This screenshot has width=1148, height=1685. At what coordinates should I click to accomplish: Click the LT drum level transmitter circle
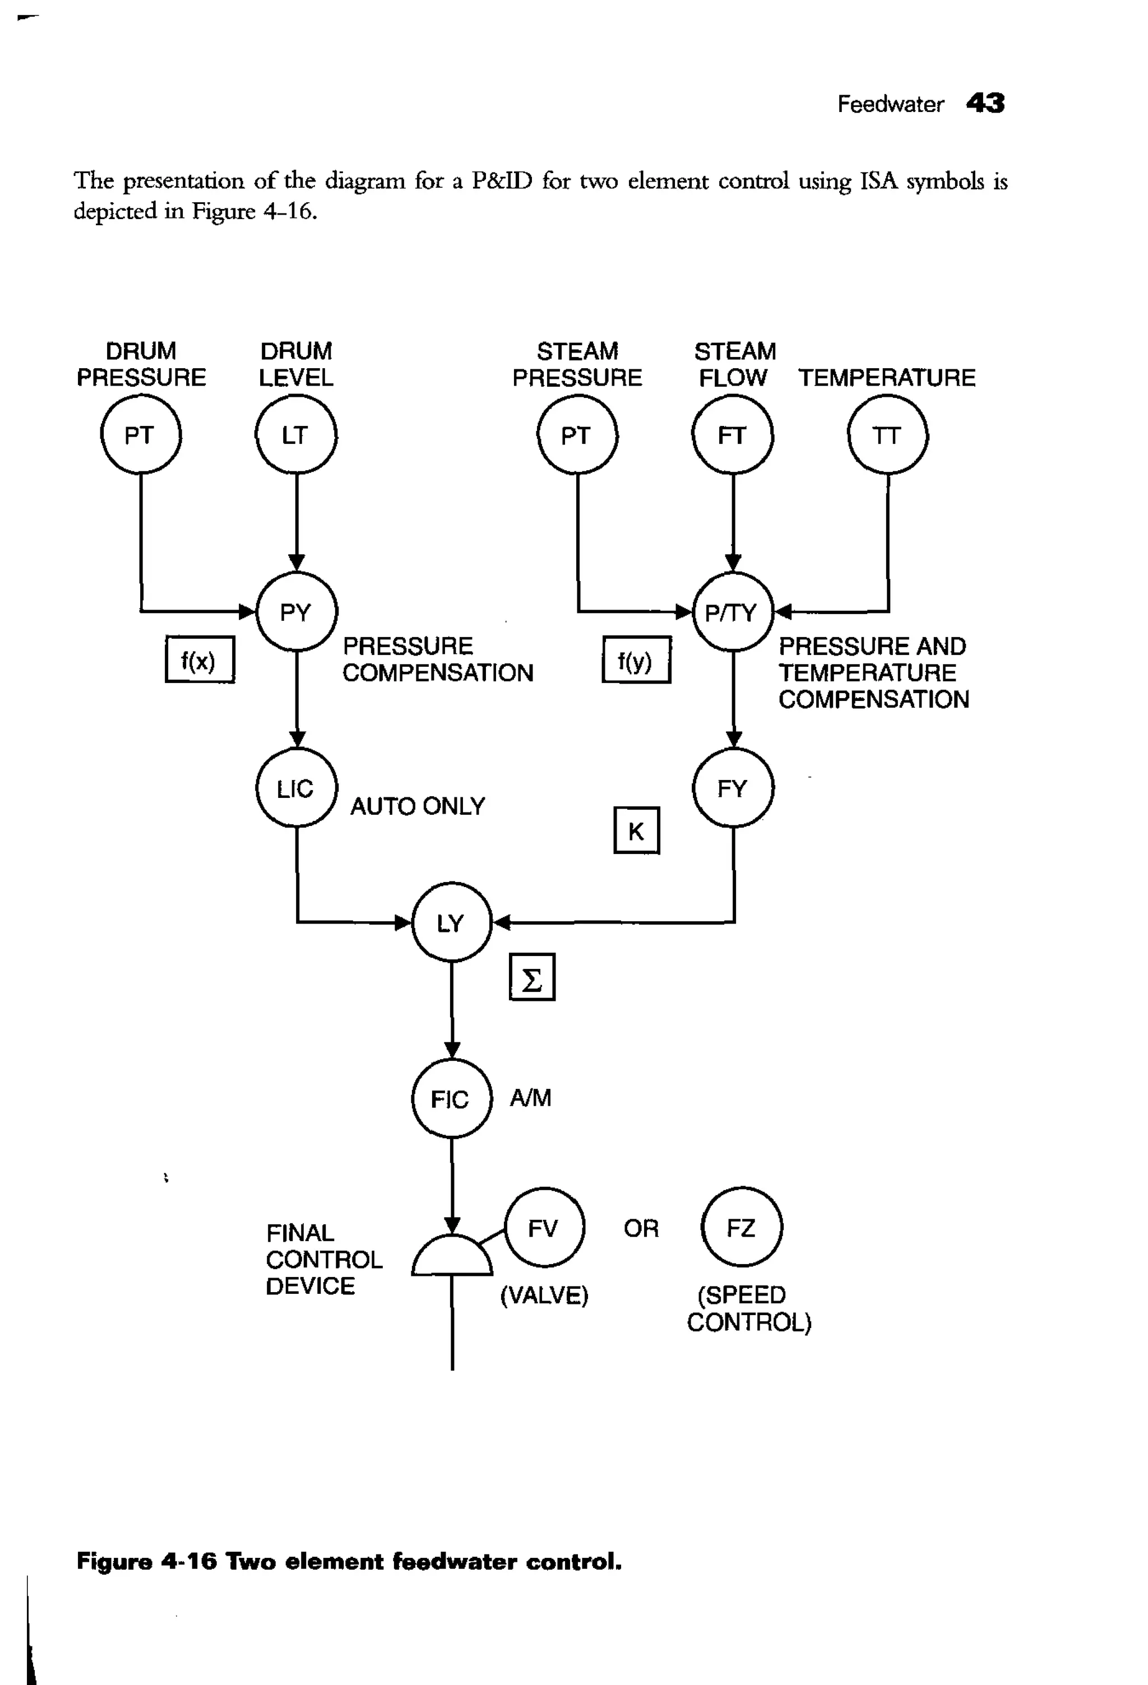click(x=296, y=434)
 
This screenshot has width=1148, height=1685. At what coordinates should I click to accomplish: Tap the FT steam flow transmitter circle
click(x=733, y=434)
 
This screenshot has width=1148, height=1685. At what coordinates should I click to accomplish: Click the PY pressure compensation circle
click(x=297, y=612)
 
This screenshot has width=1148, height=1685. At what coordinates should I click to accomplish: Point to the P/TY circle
click(x=733, y=612)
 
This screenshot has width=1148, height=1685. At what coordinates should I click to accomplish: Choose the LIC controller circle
click(x=297, y=787)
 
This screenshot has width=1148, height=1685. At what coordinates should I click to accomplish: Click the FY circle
click(x=733, y=787)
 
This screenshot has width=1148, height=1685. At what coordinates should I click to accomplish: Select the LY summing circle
click(x=452, y=922)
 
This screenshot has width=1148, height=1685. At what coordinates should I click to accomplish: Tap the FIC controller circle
click(x=452, y=1098)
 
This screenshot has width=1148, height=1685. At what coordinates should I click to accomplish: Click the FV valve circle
click(x=544, y=1228)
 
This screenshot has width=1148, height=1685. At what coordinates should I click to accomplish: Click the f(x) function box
click(x=200, y=660)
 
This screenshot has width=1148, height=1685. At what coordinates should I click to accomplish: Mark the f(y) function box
click(x=636, y=660)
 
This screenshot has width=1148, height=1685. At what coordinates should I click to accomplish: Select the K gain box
click(x=637, y=830)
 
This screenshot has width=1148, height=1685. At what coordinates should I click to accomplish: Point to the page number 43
click(x=985, y=103)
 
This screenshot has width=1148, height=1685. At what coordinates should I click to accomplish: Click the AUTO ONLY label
click(x=418, y=806)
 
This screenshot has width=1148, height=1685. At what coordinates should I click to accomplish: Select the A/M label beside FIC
click(x=531, y=1098)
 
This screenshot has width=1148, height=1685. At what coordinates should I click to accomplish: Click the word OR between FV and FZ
click(x=641, y=1228)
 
